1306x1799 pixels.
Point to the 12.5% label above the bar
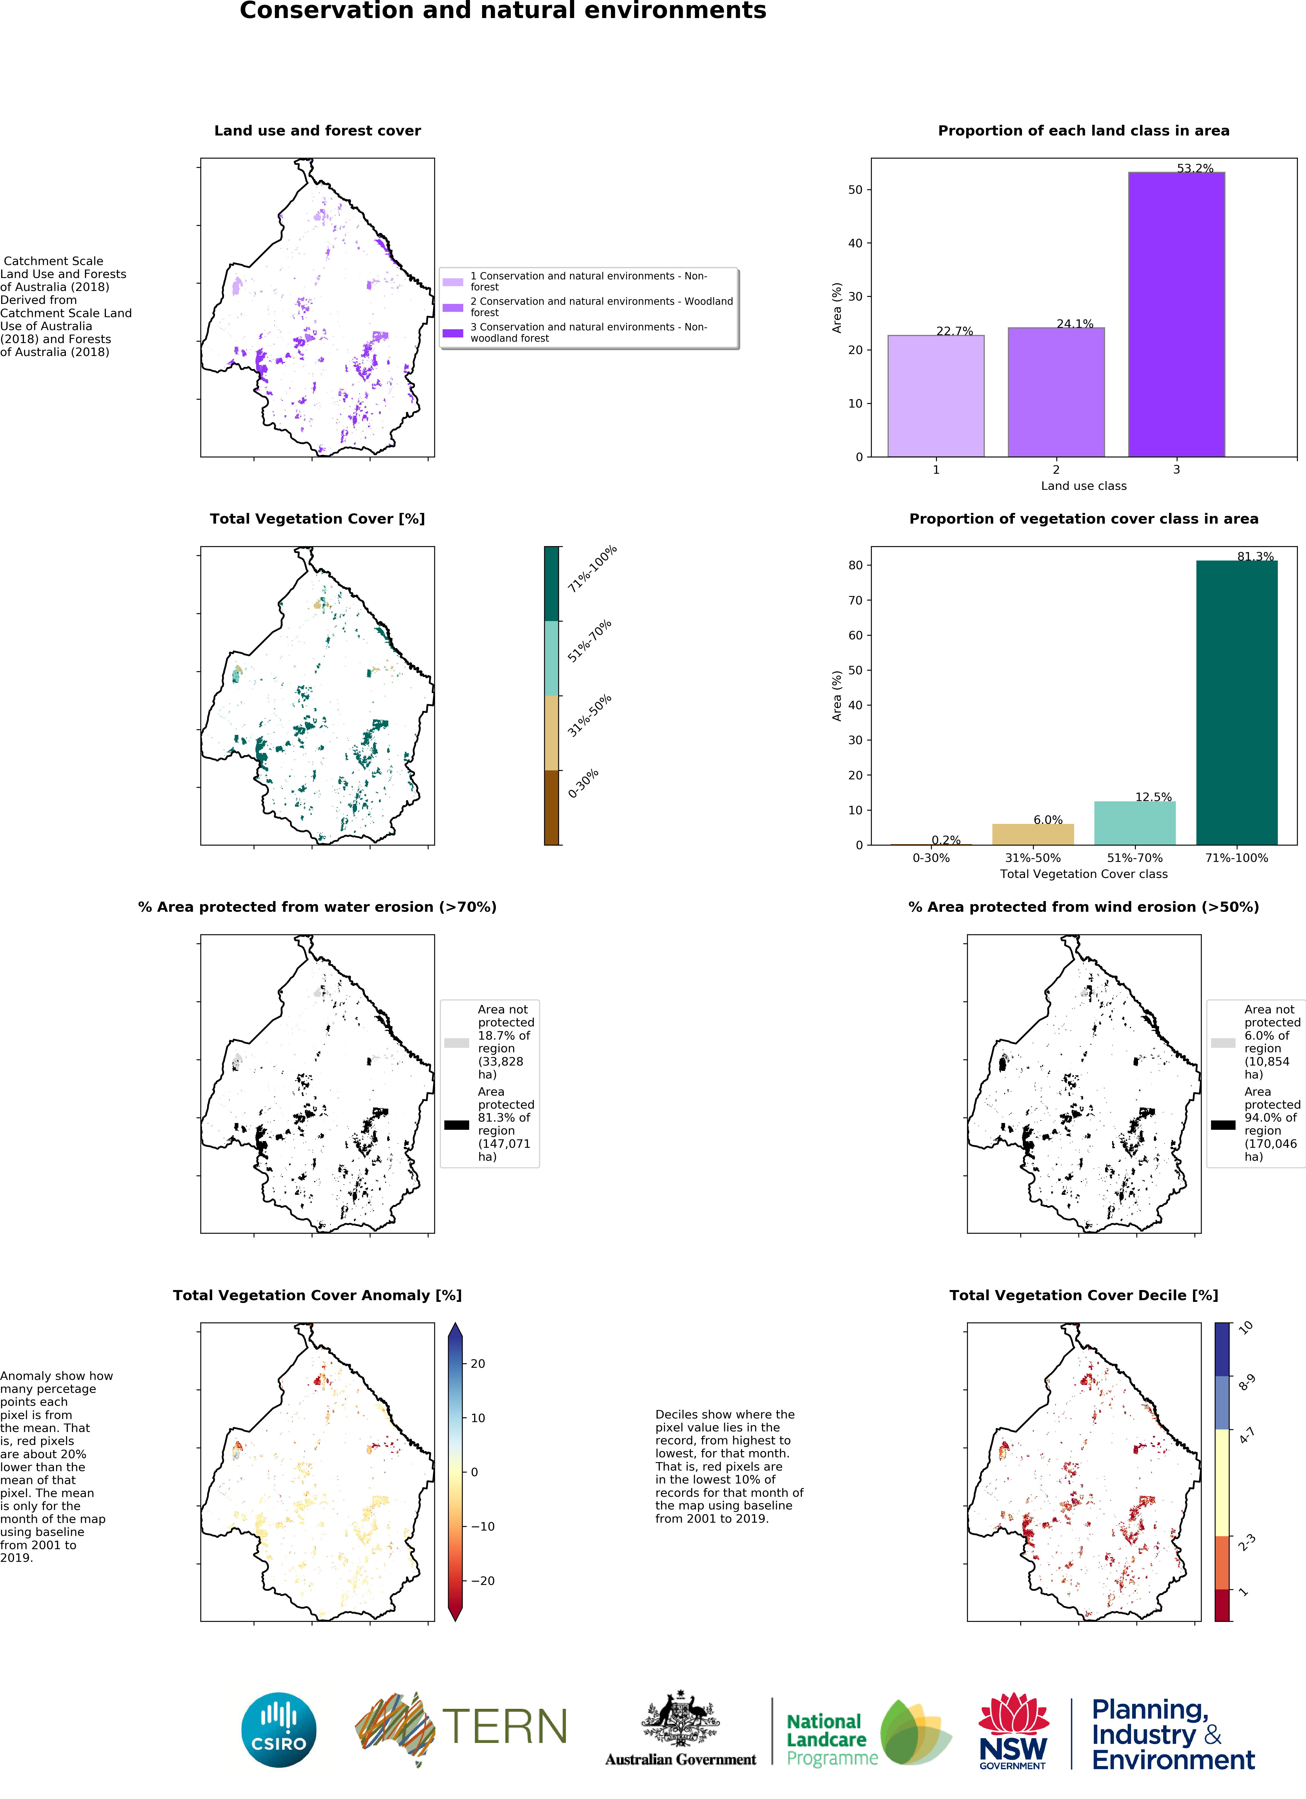pos(1153,796)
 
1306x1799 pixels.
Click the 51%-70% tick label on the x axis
pos(1135,857)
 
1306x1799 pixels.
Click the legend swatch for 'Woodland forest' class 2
pos(453,307)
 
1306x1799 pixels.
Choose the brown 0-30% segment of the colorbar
pos(551,807)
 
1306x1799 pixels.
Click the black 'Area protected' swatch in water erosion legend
pos(456,1124)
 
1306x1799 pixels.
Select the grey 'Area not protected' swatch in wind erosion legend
pos(1223,1042)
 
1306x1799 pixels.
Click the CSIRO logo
pos(278,1730)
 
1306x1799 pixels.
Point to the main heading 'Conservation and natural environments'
pos(503,11)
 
